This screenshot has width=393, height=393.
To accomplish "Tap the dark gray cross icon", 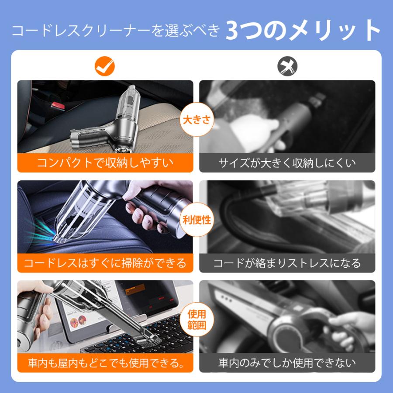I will [x=287, y=66].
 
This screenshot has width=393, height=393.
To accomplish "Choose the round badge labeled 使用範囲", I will [x=196, y=319].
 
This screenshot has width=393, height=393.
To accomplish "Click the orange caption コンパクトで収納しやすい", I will [x=105, y=163].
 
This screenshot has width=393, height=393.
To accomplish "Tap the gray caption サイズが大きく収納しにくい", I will [x=287, y=163].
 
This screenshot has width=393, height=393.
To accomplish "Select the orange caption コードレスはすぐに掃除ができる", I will [x=105, y=263].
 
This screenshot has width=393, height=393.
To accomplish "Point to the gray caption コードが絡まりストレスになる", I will [x=287, y=263].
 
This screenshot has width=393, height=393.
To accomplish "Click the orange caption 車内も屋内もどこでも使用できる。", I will [x=105, y=362].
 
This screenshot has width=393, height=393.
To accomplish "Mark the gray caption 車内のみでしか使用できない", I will [x=287, y=362].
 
